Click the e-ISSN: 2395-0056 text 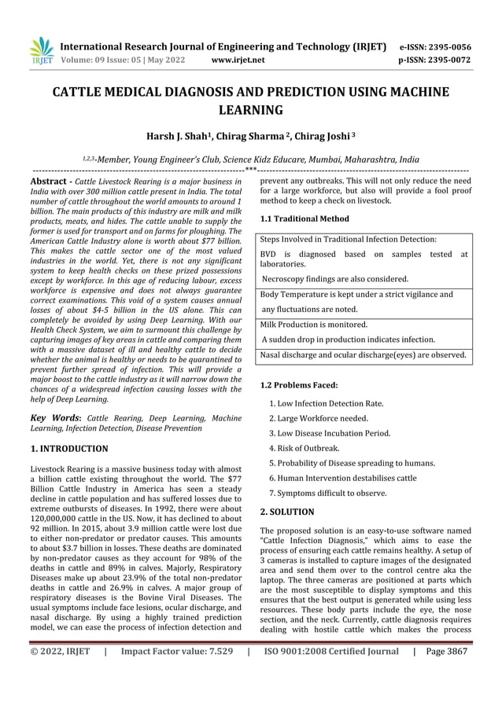435,46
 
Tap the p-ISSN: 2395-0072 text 435,59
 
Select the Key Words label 55,417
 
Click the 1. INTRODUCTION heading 69,449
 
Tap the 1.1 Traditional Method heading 305,219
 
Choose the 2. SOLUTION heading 286,511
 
